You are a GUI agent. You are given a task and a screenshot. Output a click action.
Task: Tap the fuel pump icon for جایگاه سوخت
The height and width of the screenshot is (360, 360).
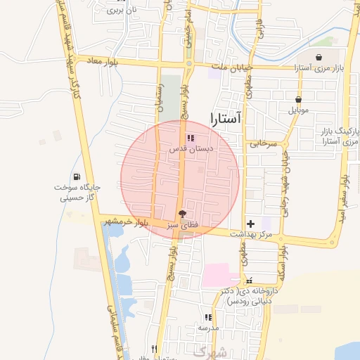76,176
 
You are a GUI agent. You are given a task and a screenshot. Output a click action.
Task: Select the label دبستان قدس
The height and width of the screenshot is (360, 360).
191,149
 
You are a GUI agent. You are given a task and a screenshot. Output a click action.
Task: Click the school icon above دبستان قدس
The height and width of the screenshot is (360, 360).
191,138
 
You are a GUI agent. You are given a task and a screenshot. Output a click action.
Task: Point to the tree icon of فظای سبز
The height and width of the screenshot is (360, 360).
183,214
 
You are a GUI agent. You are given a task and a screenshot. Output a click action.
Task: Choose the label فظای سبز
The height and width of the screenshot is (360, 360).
179,226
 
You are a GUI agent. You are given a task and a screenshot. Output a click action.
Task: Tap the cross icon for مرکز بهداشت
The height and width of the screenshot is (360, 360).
250,222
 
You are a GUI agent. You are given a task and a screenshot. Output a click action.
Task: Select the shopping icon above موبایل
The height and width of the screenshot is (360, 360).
299,99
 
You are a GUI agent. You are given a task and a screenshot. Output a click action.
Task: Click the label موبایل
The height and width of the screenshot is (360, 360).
299,110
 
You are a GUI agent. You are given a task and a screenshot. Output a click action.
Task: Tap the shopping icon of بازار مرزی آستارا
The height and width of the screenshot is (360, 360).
319,57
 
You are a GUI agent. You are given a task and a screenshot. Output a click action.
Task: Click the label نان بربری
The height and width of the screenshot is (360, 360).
120,11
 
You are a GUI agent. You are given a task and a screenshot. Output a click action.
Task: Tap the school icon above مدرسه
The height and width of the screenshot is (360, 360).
208,317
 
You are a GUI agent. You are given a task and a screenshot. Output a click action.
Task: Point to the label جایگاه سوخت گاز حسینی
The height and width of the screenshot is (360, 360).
76,193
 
